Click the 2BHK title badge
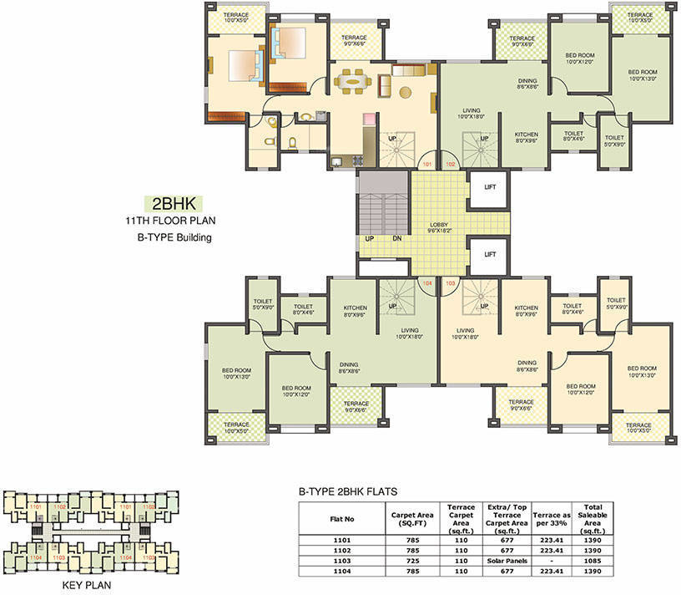(x=173, y=203)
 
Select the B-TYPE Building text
(x=169, y=237)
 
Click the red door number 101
(x=426, y=165)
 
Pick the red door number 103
(x=451, y=283)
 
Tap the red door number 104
(x=427, y=283)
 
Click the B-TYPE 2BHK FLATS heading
(x=347, y=492)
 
